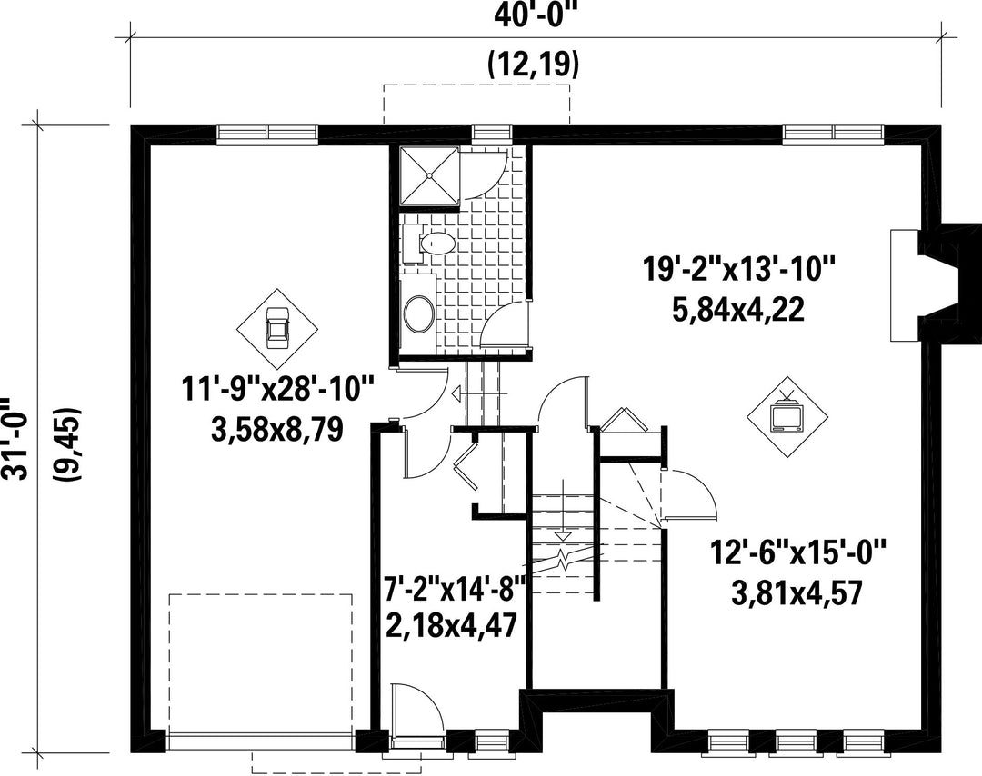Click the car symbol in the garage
276,328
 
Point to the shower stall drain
429,176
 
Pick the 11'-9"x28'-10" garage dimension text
278,389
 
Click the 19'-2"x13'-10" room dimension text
738,272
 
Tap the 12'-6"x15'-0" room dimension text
798,554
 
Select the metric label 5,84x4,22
738,311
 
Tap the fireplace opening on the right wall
905,285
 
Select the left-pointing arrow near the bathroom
478,393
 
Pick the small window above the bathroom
491,132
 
